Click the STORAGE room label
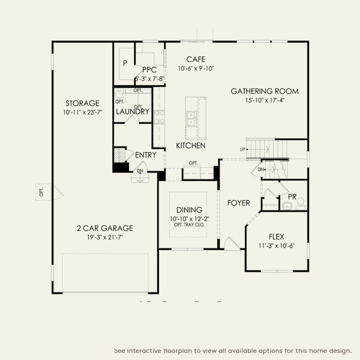click(82, 103)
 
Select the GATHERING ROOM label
click(265, 91)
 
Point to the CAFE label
click(196, 59)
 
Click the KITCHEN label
click(191, 146)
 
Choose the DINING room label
click(189, 210)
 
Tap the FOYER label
click(238, 203)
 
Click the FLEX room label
click(276, 237)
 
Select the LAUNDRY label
click(133, 112)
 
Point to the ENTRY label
click(145, 155)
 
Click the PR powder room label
click(292, 197)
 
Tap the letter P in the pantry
click(125, 63)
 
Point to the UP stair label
click(243, 149)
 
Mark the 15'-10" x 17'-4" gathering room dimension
click(265, 100)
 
